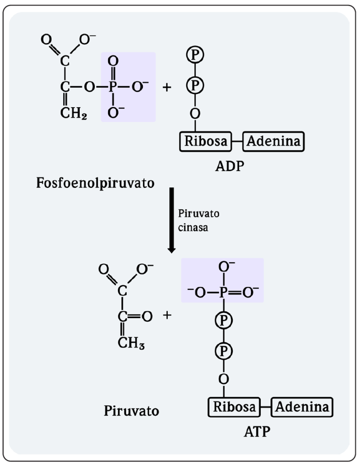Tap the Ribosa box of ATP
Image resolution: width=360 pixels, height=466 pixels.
233,406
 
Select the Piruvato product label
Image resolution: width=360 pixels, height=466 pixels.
132,410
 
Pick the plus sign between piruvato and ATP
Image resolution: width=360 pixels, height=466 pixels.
167,316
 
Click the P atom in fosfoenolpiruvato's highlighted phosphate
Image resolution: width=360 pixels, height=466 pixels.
112,87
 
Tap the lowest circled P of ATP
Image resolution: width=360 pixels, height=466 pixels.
224,350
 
